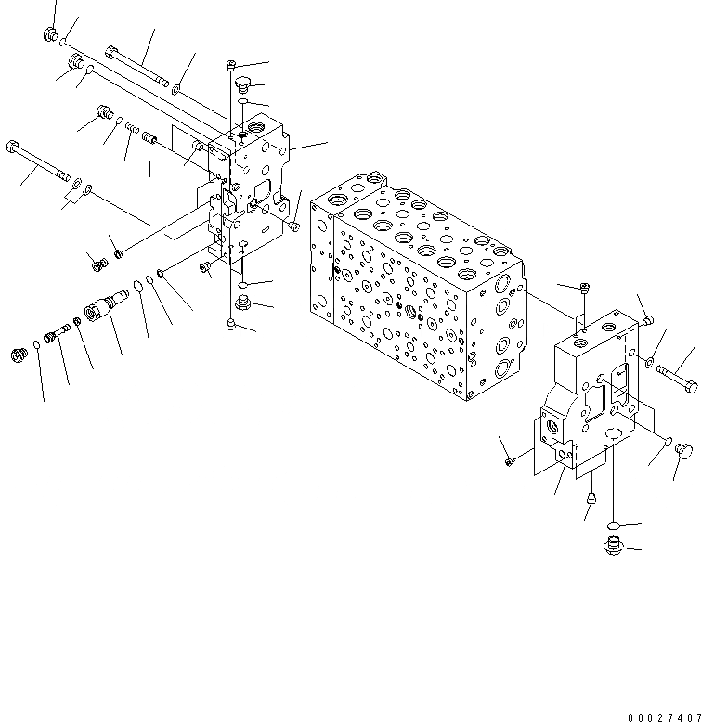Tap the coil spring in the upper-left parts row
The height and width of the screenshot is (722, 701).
[133, 128]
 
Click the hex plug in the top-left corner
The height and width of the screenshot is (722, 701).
[50, 35]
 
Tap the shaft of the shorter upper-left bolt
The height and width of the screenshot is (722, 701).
[139, 68]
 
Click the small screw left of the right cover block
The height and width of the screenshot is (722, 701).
[508, 460]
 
